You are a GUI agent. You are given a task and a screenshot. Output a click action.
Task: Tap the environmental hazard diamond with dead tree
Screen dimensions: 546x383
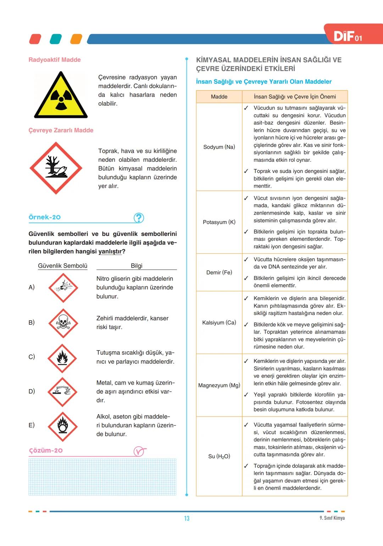56,168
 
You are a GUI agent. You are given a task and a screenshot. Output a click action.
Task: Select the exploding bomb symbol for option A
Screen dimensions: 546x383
63,287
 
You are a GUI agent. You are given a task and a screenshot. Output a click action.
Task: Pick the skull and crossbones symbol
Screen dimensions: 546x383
63,322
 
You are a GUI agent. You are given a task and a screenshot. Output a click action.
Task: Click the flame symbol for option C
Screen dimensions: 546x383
62,358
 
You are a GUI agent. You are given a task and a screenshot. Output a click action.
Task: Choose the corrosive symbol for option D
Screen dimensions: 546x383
62,391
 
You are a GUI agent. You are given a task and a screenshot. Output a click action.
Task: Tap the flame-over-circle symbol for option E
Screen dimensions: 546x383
63,426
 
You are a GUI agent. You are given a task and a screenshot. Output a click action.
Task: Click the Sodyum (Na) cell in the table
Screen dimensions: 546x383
219,147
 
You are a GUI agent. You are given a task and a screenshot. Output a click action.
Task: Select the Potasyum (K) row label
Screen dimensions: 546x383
219,222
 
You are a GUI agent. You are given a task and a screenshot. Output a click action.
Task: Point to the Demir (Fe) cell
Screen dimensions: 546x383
219,272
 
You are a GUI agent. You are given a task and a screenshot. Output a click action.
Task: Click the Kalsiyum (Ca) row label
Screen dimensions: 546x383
219,322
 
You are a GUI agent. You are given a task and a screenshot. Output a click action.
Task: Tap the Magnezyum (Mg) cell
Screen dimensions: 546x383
219,385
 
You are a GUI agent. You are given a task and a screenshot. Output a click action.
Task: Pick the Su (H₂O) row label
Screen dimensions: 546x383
219,456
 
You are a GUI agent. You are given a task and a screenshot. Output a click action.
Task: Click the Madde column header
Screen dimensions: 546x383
219,96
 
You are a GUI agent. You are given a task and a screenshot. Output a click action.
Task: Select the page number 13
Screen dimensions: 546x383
187,518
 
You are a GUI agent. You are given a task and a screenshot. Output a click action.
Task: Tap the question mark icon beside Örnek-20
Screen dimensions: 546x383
139,218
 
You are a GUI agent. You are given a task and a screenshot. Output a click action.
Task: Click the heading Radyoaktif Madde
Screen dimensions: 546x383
55,60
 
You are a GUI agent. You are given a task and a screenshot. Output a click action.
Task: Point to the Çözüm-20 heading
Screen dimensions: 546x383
46,451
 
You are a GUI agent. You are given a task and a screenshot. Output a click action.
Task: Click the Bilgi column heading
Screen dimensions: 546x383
137,266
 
